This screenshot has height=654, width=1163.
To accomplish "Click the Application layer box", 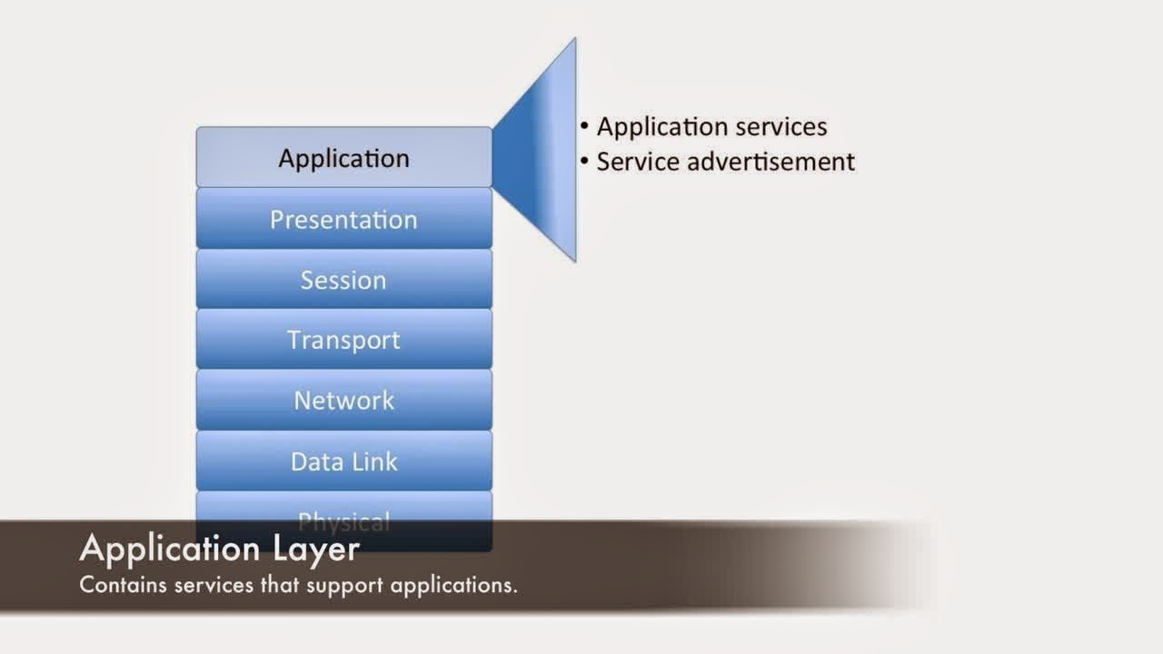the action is click(x=343, y=158).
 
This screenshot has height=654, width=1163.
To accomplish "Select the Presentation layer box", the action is click(x=343, y=219).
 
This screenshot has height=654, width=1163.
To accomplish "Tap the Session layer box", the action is click(x=343, y=280).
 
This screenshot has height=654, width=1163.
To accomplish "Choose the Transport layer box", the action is click(x=343, y=340).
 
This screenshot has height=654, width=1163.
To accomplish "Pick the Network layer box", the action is click(x=343, y=401).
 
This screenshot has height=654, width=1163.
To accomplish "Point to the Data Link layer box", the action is click(x=343, y=461).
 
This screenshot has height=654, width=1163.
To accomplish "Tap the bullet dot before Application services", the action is click(x=585, y=126).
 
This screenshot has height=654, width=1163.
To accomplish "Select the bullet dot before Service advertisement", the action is click(x=585, y=162).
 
